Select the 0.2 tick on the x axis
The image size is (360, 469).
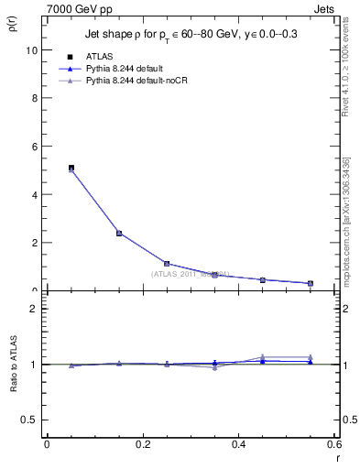click(x=142, y=444)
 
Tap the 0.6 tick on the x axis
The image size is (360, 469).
click(x=334, y=444)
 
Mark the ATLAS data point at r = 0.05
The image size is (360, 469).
click(x=71, y=169)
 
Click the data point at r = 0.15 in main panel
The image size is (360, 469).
click(x=119, y=233)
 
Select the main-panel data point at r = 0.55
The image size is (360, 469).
click(x=311, y=283)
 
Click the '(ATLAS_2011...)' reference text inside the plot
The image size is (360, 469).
click(x=190, y=274)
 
